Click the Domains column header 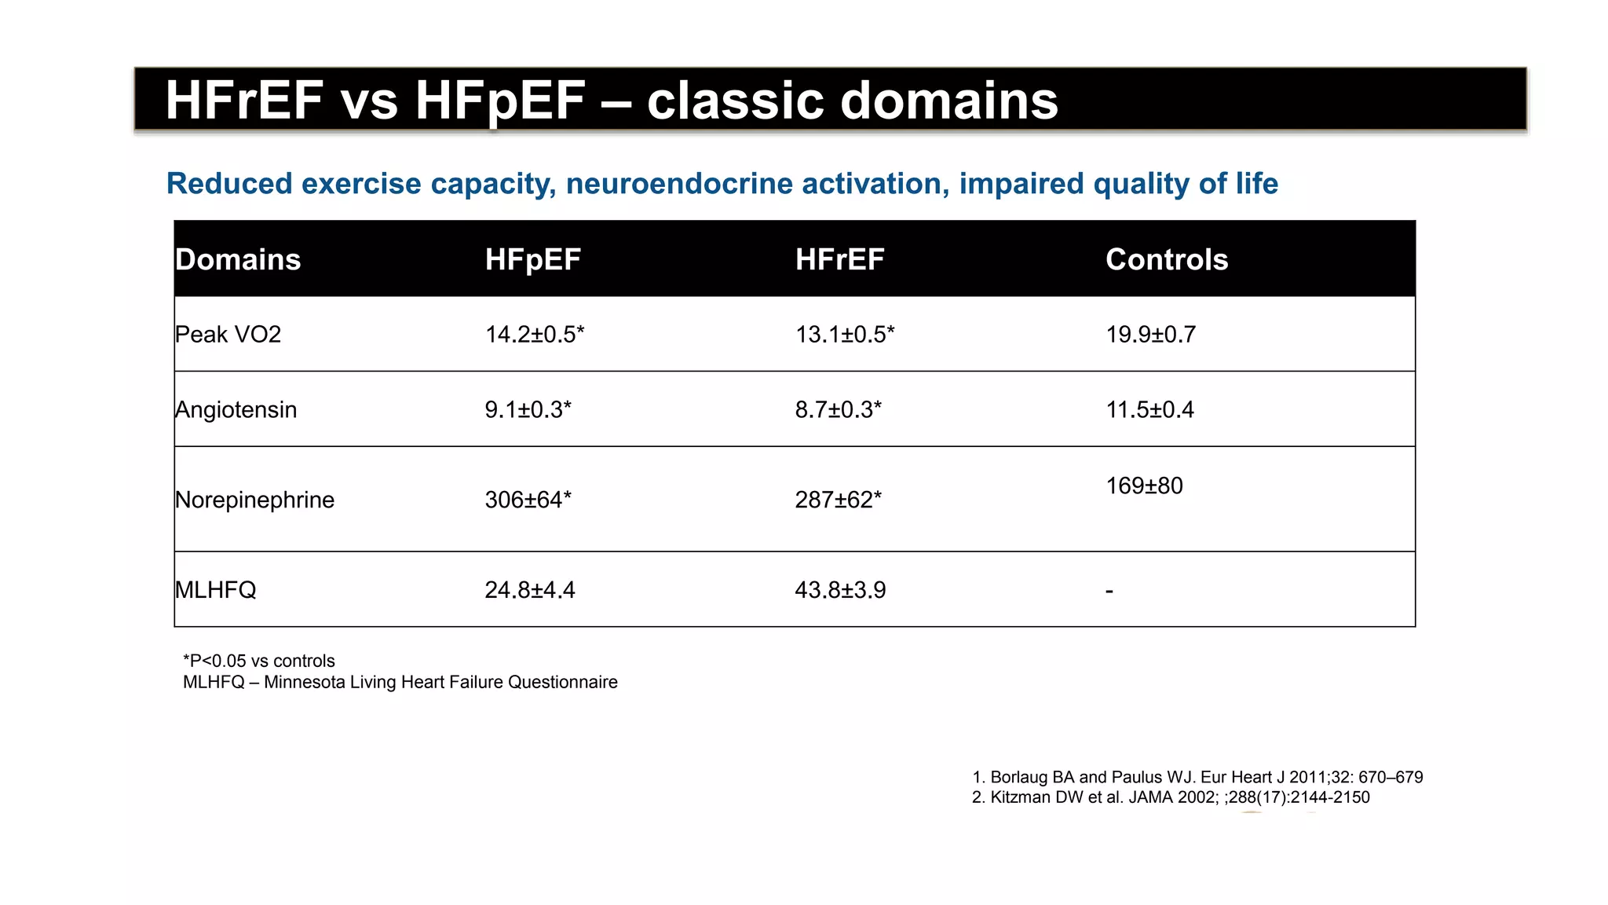tap(238, 260)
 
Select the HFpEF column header tap(532, 260)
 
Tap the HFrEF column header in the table tap(839, 260)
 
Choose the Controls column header tap(1167, 260)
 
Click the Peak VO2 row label tap(228, 335)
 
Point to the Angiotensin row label tap(236, 410)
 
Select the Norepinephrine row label tap(254, 500)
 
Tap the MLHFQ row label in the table tap(215, 590)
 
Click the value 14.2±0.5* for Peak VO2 tap(534, 335)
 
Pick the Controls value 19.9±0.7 tap(1150, 335)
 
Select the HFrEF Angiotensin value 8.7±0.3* tap(838, 410)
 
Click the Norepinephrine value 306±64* tap(528, 500)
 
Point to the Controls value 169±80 tap(1144, 486)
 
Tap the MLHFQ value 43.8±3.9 tap(840, 590)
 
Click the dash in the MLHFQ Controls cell tap(1109, 591)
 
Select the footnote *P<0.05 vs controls tap(258, 661)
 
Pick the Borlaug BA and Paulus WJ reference tap(1197, 778)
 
